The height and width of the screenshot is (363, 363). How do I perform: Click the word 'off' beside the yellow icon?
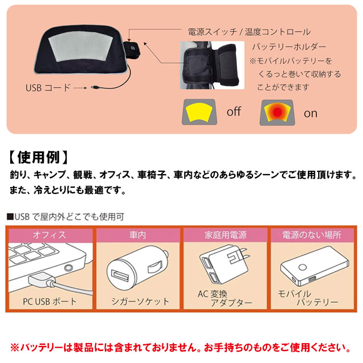click(234, 111)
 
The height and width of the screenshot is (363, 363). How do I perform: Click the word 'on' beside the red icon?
click(310, 113)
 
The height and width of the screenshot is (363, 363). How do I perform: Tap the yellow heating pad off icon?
click(199, 112)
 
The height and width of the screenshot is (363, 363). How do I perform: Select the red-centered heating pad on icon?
click(277, 113)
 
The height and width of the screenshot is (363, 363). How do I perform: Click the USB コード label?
click(48, 88)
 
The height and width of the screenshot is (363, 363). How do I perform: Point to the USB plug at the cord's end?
click(95, 87)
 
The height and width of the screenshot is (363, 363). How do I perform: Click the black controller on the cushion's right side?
click(132, 50)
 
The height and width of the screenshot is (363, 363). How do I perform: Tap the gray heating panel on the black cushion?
click(81, 46)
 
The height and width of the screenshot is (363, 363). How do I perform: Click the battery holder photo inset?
click(212, 65)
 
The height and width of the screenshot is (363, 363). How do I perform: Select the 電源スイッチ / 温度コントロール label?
click(249, 32)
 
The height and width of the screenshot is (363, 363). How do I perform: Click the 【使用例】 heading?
click(39, 158)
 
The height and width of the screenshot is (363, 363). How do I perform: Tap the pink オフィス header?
click(50, 235)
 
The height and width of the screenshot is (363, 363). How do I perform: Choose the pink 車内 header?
click(138, 235)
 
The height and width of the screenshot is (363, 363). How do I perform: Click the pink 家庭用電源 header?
click(225, 235)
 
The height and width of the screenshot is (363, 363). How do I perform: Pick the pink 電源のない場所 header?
click(312, 235)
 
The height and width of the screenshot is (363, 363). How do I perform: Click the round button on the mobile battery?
click(302, 267)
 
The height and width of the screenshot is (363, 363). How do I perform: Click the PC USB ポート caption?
click(49, 302)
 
